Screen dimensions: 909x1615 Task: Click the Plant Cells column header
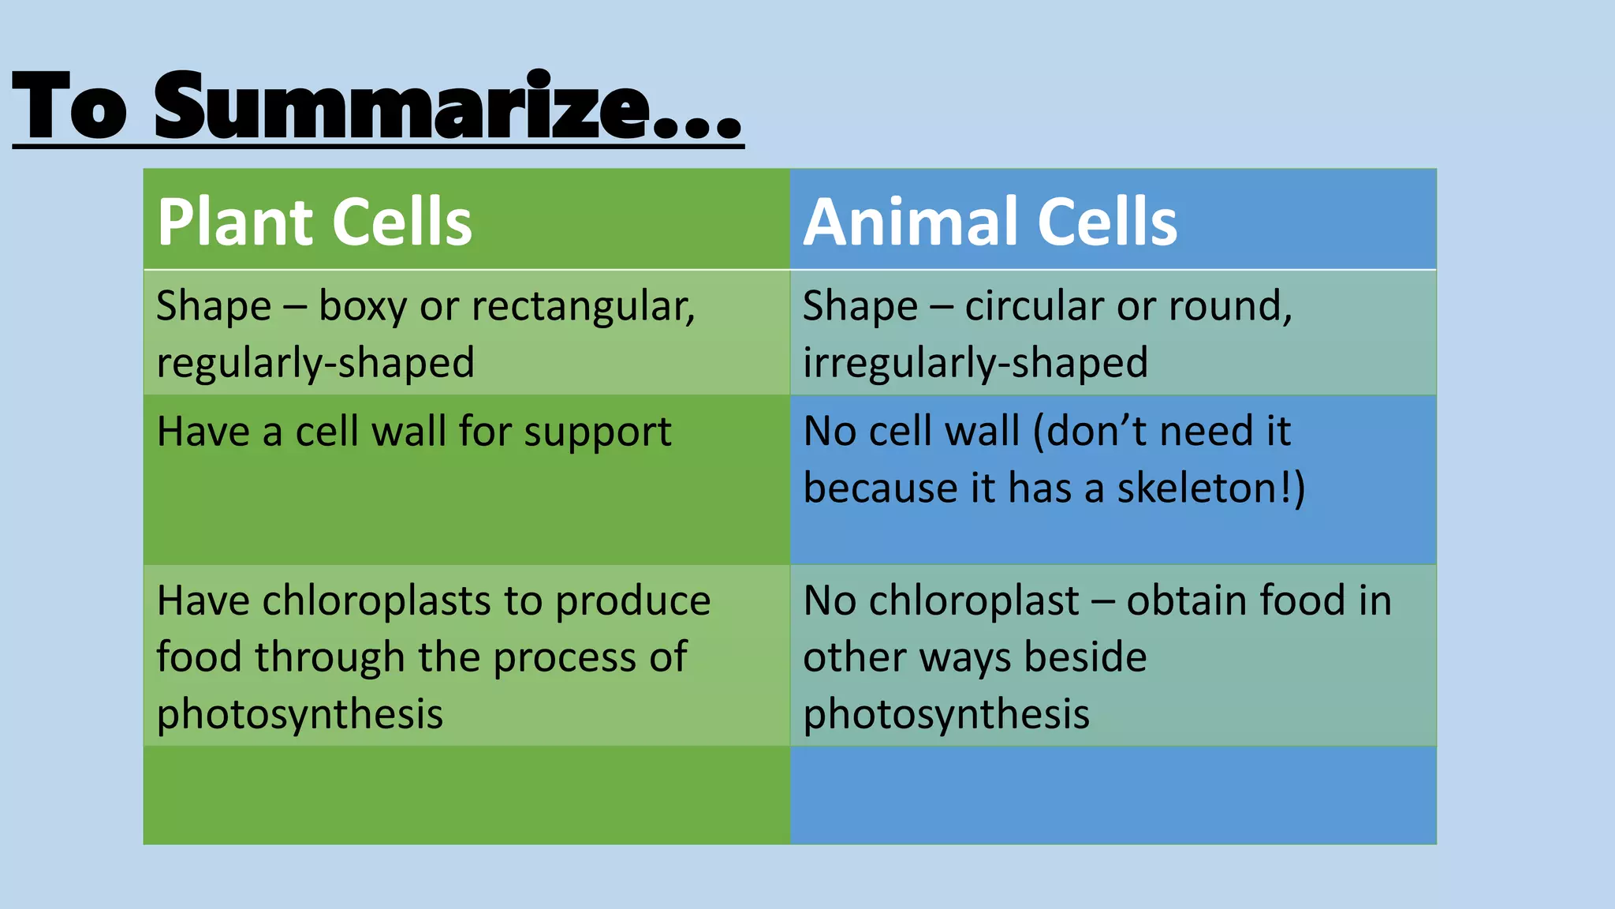[314, 222]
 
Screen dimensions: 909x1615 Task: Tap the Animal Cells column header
[990, 222]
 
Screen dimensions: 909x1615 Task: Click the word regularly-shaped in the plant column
[315, 364]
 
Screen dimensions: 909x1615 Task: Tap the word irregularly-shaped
[975, 364]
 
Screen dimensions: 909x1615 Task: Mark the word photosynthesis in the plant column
[300, 715]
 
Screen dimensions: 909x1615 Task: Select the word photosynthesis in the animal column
[946, 715]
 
